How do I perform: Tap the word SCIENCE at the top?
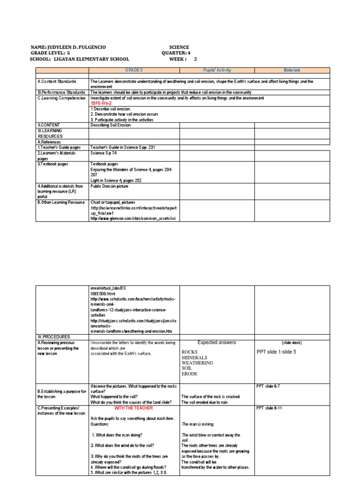[x=179, y=47]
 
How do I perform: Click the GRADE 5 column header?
[x=134, y=69]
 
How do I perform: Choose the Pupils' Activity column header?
[x=217, y=69]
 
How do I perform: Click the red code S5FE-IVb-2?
[x=104, y=103]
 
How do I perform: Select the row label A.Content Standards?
[x=57, y=82]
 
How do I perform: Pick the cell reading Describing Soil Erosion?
[x=111, y=125]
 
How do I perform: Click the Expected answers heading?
[x=217, y=343]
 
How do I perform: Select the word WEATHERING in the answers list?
[x=197, y=363]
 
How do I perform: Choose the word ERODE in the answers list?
[x=189, y=374]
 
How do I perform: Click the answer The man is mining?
[x=198, y=424]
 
